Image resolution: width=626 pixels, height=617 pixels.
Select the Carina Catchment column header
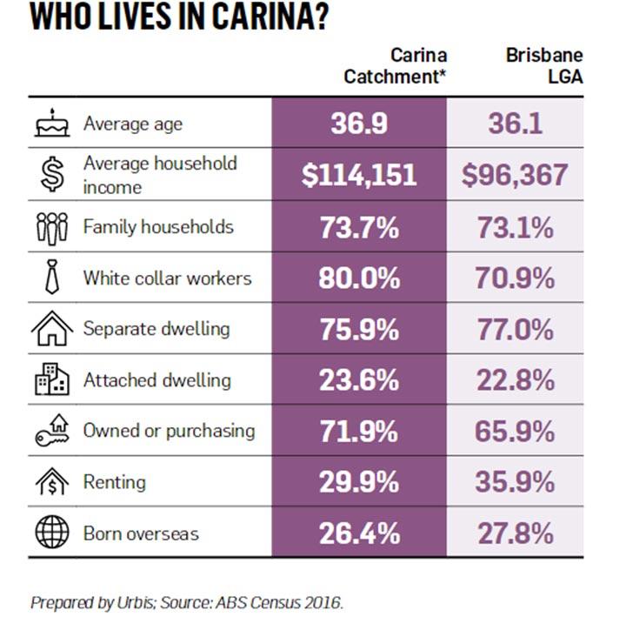(395, 66)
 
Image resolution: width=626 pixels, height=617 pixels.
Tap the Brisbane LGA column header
(544, 66)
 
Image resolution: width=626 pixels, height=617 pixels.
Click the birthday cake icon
(50, 124)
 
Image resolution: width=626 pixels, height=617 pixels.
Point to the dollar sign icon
(50, 174)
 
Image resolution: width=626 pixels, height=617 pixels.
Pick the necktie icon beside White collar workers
(50, 278)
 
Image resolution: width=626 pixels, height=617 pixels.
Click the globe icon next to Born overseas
(50, 533)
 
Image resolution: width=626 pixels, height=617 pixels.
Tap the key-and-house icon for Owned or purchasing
(50, 431)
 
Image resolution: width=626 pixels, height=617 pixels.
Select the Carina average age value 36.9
(359, 124)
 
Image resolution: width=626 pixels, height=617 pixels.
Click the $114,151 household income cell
(359, 175)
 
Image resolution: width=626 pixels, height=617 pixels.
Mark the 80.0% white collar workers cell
(359, 278)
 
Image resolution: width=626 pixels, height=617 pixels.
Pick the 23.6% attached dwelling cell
(359, 380)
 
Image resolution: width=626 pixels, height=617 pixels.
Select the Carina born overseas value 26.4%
(359, 533)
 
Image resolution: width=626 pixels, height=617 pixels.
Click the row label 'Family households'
(158, 227)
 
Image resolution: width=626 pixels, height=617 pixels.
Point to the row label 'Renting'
(114, 482)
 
